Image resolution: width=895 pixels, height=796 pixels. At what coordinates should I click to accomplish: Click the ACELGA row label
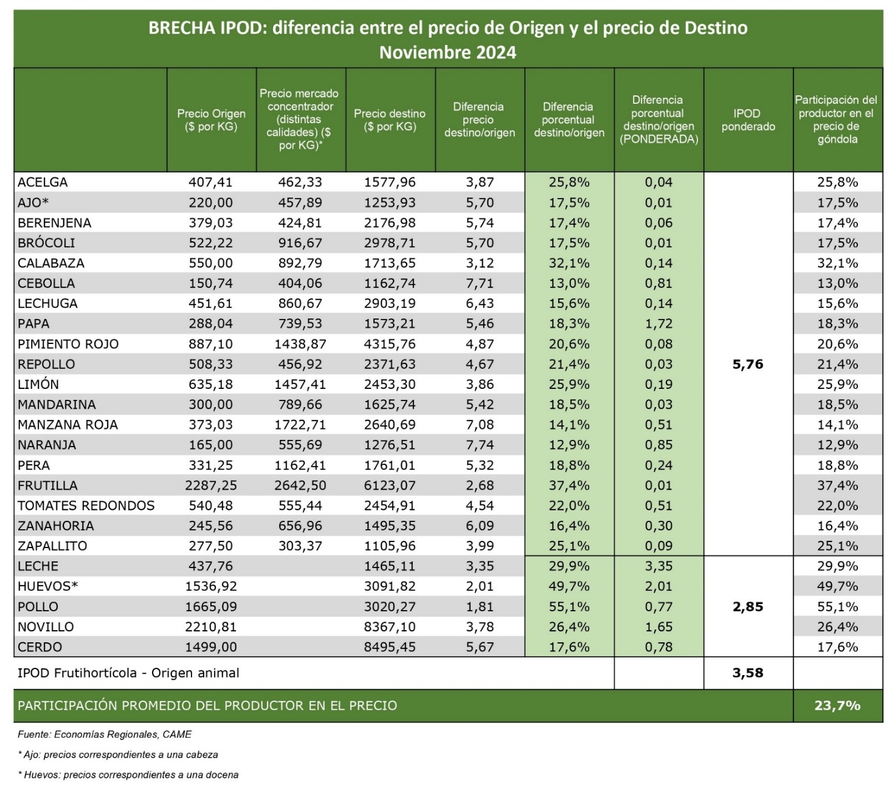click(43, 182)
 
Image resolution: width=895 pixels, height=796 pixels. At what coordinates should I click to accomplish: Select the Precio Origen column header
click(211, 120)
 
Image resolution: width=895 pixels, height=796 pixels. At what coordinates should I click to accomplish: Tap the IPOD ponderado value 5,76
click(748, 364)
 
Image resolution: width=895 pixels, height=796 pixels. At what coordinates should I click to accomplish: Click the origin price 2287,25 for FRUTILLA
click(211, 485)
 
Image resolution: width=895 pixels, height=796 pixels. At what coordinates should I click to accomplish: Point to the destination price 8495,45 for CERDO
click(390, 647)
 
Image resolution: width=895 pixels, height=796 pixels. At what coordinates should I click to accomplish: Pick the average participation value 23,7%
click(837, 705)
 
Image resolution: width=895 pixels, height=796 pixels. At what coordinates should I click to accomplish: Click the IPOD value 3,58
click(748, 673)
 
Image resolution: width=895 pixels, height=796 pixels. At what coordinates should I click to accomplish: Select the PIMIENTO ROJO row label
click(68, 344)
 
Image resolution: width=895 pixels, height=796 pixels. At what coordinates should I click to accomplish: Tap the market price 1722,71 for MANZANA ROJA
click(300, 425)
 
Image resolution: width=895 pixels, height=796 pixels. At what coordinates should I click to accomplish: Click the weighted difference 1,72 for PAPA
click(658, 324)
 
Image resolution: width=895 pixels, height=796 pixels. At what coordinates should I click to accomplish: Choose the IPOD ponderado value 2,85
click(748, 606)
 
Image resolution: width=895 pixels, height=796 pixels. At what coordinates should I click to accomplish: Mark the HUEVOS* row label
click(48, 586)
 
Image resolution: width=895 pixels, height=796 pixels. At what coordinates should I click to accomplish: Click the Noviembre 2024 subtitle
click(447, 52)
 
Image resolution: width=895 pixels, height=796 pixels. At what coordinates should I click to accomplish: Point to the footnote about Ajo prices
click(118, 755)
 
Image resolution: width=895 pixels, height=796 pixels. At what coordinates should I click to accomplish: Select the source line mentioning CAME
click(105, 734)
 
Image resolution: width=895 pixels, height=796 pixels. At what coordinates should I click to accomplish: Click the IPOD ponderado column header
click(748, 120)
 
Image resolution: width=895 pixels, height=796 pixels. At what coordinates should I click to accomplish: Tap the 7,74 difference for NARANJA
click(480, 445)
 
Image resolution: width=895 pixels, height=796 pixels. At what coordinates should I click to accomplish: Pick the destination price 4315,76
click(390, 344)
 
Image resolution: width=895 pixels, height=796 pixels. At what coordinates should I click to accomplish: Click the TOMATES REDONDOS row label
click(86, 506)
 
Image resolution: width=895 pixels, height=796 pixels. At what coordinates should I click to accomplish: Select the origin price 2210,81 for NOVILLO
click(211, 626)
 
